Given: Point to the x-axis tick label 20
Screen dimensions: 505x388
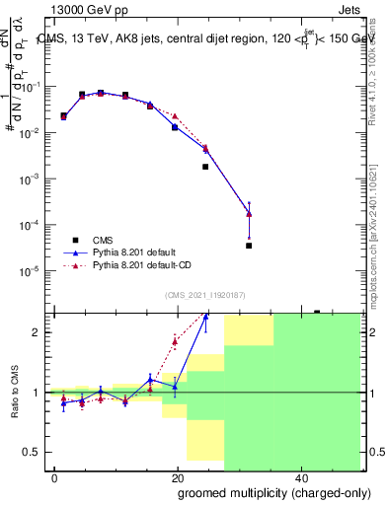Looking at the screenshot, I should tap(177, 477).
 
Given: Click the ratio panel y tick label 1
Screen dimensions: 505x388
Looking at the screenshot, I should tap(37, 393).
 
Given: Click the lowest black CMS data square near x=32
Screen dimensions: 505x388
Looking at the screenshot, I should tap(249, 246).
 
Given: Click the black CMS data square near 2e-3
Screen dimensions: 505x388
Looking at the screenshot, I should tap(205, 167).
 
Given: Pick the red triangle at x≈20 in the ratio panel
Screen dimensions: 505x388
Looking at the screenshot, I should tap(175, 342).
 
